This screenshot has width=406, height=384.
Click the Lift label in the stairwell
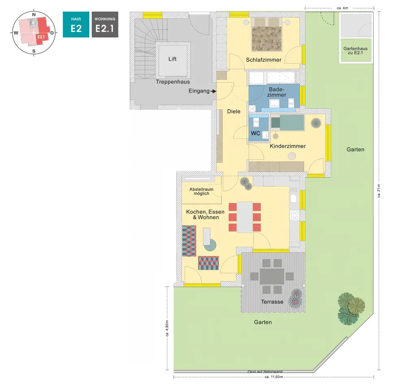(173, 59)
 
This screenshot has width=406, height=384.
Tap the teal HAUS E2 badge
(76, 24)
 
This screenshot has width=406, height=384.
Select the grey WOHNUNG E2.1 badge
(105, 24)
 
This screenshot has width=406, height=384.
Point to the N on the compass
(34, 15)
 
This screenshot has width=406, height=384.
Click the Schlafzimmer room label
(263, 60)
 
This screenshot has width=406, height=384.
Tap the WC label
(255, 133)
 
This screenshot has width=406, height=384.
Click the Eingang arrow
(213, 91)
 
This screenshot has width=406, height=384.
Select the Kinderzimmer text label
(287, 146)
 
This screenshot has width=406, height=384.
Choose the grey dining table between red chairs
(245, 217)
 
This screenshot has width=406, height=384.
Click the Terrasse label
(272, 302)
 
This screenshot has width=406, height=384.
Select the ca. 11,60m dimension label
(273, 377)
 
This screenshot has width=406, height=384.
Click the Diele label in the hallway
(233, 111)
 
